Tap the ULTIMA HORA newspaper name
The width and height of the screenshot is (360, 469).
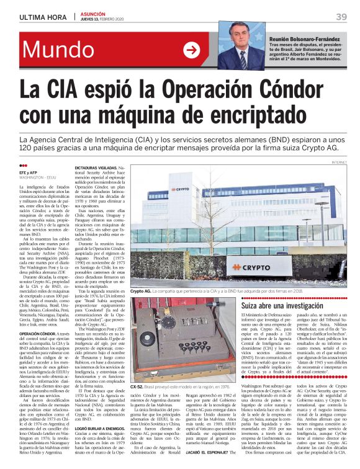pos(40,17)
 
